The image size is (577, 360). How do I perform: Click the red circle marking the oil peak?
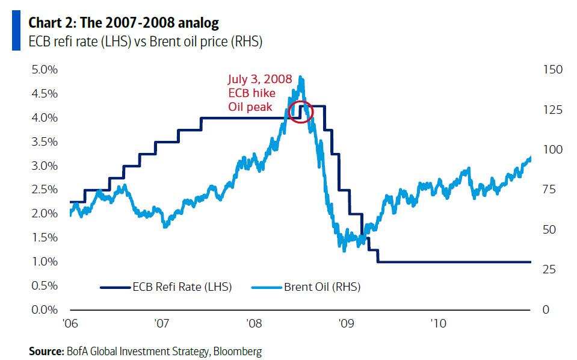(x=301, y=111)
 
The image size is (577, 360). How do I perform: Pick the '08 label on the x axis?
(x=253, y=323)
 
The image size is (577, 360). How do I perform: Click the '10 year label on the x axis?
(x=438, y=323)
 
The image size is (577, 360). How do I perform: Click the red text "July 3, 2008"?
(x=259, y=79)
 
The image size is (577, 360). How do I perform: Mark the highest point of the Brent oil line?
(x=301, y=77)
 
